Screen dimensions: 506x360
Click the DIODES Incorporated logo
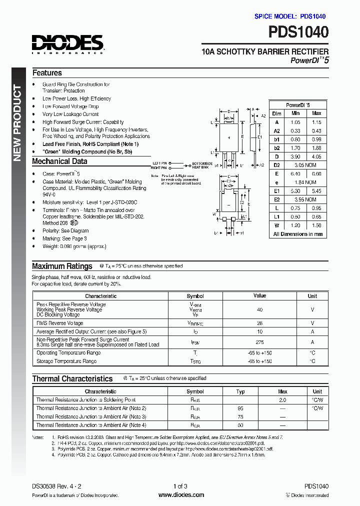coord(67,44)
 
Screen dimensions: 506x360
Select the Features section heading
coord(47,73)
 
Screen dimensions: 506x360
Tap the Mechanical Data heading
coord(59,161)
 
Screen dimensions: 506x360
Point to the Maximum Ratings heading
coord(62,266)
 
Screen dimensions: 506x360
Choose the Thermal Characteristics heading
coord(72,379)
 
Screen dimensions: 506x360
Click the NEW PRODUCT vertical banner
coord(16,123)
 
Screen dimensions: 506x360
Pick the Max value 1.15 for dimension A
coord(316,122)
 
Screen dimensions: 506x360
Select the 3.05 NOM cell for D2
coord(304,165)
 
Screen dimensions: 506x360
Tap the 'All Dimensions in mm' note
coord(297,234)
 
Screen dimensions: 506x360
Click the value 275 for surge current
coord(259,342)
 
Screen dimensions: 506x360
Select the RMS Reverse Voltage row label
coord(59,323)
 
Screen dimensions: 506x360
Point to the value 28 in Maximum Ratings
coord(259,323)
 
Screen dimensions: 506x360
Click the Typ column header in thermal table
coord(240,391)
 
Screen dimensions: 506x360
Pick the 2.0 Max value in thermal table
coord(282,400)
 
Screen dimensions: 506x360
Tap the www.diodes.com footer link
coord(181,495)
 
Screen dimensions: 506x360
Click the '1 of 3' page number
coord(180,486)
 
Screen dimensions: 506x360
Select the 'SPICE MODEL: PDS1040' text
coord(290,16)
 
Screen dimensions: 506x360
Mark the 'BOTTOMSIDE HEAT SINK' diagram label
coord(202,165)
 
